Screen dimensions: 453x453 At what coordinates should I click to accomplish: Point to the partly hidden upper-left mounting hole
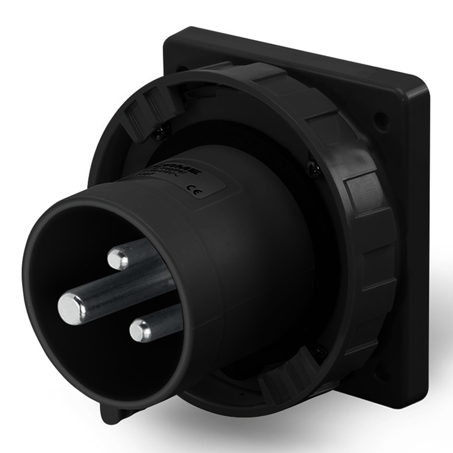pos(182,69)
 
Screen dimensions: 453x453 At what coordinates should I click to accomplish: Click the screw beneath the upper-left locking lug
pos(160,132)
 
